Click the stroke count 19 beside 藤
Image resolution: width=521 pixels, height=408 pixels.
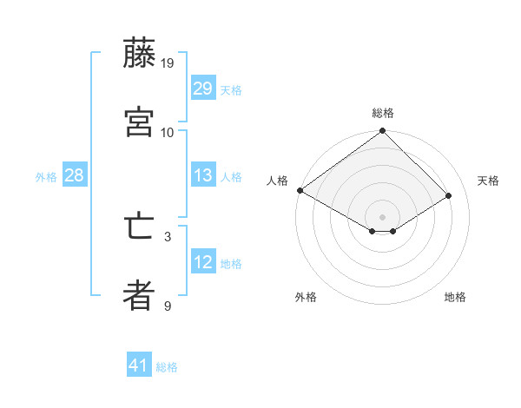(168, 63)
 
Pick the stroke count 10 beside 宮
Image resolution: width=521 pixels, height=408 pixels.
(168, 133)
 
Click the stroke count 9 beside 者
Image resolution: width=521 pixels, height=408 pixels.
(168, 306)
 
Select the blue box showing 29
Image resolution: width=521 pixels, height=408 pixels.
(203, 89)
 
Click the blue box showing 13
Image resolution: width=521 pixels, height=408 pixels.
(203, 175)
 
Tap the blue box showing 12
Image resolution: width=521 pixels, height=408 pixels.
(203, 262)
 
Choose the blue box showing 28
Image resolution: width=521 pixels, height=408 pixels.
(74, 175)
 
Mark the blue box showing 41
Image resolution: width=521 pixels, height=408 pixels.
(139, 366)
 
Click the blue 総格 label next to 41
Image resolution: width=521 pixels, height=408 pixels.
(167, 367)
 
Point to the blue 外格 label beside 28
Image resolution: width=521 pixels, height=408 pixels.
(46, 176)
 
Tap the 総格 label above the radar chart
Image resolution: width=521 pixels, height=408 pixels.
(383, 113)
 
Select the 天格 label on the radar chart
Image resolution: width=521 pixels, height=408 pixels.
(488, 181)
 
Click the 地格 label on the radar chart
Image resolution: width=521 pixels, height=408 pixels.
(455, 297)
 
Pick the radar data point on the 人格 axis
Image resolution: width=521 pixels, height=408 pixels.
(300, 190)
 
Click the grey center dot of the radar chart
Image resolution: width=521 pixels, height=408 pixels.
(383, 216)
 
